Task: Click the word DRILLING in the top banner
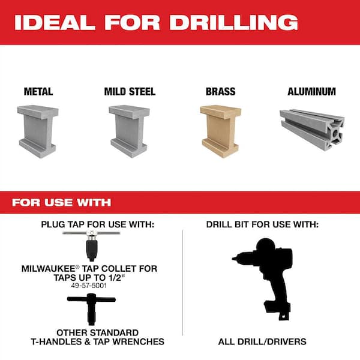(x=233, y=22)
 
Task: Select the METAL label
(x=38, y=92)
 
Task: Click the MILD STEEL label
(x=130, y=92)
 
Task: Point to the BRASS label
(x=220, y=92)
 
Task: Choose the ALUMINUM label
(x=311, y=92)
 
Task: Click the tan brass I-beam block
(x=220, y=131)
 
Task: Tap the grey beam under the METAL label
(x=38, y=131)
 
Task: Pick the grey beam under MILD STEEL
(x=129, y=131)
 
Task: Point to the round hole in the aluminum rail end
(x=335, y=133)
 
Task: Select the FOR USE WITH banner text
(x=62, y=203)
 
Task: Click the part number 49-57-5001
(x=89, y=286)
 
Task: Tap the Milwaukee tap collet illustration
(x=91, y=245)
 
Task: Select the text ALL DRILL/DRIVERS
(x=262, y=341)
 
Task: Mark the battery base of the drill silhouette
(x=278, y=310)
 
